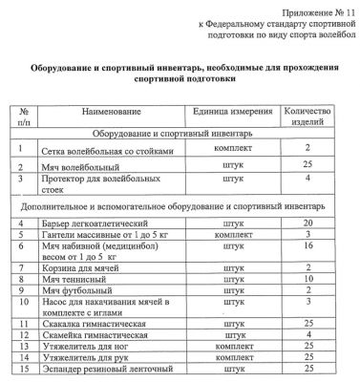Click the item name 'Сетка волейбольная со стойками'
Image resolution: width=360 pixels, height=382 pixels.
108,152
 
